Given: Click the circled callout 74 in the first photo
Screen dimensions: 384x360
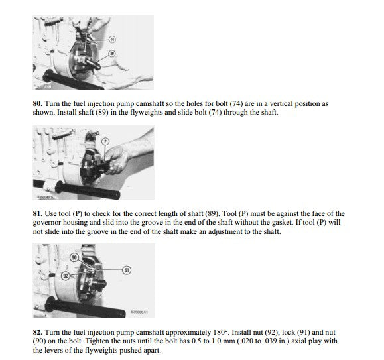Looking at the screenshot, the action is coord(112,39).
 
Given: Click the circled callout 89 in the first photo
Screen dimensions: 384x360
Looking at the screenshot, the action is coord(112,54).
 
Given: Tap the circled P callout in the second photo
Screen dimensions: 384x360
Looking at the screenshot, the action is coord(105,141).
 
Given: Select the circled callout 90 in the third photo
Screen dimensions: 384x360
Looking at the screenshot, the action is coord(74,257).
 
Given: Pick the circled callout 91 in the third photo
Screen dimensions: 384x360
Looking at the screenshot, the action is coord(127,270).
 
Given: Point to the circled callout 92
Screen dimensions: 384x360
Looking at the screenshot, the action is coord(66,276).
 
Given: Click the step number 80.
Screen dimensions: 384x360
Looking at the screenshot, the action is coord(38,103).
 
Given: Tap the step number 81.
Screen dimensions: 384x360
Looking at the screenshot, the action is coord(38,213).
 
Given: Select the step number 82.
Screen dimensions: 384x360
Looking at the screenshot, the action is coord(38,332).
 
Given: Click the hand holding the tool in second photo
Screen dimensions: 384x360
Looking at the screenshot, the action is coord(117,160).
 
